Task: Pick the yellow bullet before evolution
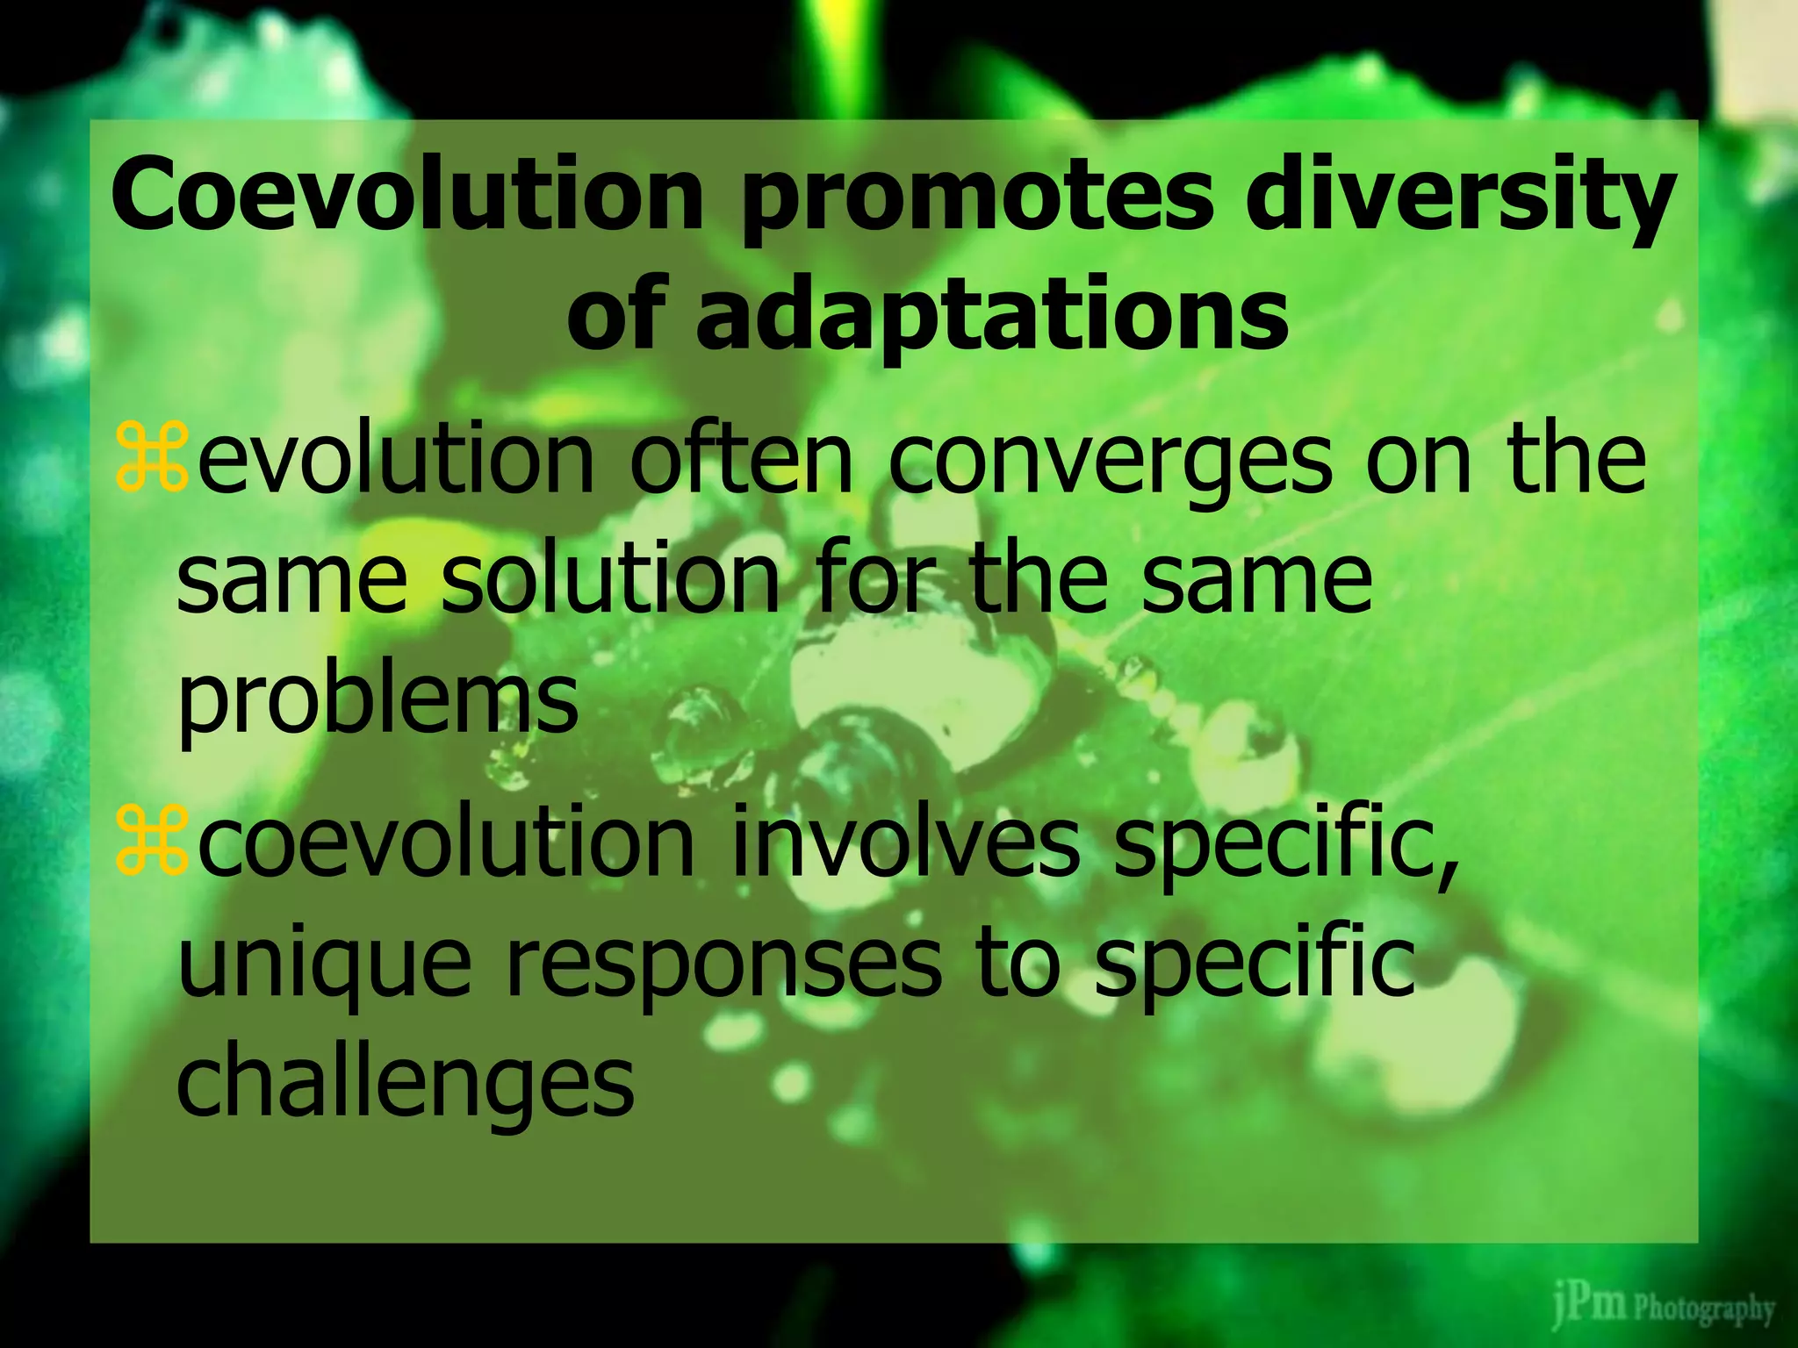click(x=151, y=455)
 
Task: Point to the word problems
click(x=378, y=701)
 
